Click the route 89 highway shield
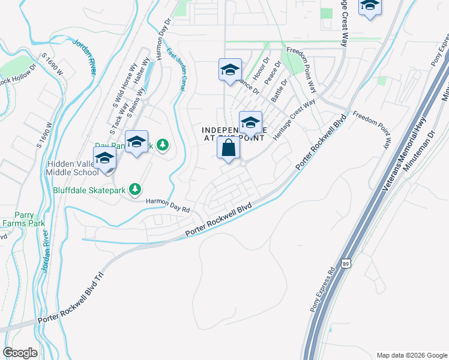(345, 263)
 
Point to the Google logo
(20, 353)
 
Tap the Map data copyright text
(411, 355)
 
